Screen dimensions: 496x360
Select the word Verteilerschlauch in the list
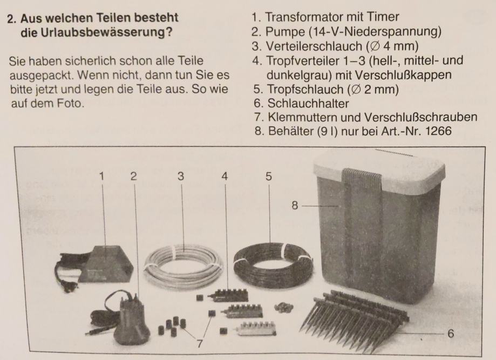pos(314,46)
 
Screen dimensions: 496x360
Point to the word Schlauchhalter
pos(308,104)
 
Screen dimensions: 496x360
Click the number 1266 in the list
pos(438,131)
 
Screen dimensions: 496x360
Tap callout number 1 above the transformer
pos(101,176)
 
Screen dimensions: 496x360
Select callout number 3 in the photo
pos(181,176)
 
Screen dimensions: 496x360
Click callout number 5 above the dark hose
pos(269,176)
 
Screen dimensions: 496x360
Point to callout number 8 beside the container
pos(295,206)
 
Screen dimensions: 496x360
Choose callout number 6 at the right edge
pos(451,334)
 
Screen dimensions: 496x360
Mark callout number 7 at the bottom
pos(200,344)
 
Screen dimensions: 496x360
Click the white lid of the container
pos(379,169)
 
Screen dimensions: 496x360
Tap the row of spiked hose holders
pos(354,320)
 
